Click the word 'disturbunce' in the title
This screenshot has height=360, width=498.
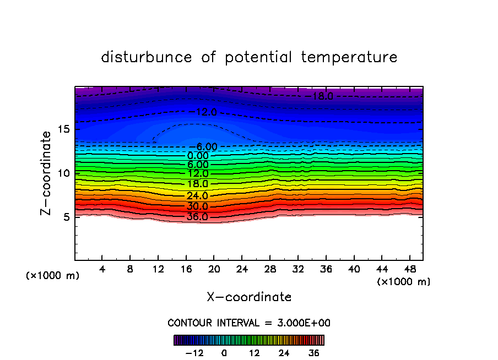coord(146,57)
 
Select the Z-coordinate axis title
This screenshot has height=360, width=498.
coord(47,173)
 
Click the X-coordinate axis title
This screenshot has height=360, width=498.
coord(249,297)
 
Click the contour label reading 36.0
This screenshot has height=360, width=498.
coord(197,217)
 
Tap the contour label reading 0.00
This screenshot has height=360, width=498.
coord(198,156)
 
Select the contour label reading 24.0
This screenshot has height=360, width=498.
coord(197,195)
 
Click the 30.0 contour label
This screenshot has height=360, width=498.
coord(197,206)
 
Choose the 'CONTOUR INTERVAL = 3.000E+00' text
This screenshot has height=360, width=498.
coord(249,323)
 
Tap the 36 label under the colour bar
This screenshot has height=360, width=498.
coord(314,353)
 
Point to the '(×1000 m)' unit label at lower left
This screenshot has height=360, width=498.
coord(53,276)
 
